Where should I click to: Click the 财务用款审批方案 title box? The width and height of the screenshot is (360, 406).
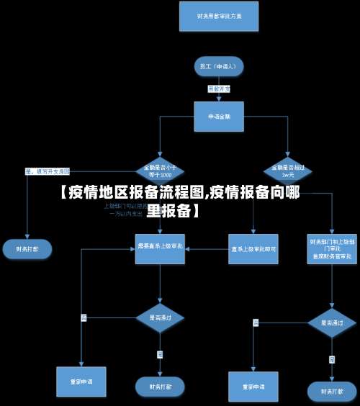click(218, 16)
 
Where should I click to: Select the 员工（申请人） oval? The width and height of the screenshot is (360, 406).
click(218, 66)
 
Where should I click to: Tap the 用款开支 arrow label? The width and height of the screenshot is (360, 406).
click(219, 89)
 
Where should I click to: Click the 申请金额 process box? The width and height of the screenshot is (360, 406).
click(218, 116)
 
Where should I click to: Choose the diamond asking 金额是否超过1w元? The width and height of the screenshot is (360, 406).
click(287, 171)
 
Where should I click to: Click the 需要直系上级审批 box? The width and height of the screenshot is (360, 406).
click(160, 248)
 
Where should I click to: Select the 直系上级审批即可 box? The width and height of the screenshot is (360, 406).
click(253, 249)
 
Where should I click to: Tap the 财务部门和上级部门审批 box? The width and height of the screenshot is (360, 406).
click(332, 248)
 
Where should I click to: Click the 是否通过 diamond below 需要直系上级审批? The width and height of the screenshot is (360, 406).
click(160, 317)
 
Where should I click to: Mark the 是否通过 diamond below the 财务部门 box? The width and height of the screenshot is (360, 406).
click(332, 322)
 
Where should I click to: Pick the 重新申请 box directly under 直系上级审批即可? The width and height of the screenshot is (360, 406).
click(253, 387)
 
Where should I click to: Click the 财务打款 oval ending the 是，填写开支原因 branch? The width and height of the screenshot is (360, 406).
click(27, 249)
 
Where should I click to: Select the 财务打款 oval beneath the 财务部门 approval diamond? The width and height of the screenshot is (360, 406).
click(332, 391)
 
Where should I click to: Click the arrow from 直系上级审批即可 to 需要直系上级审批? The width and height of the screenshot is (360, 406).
click(207, 249)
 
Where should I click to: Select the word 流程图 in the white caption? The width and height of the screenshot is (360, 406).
click(183, 193)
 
